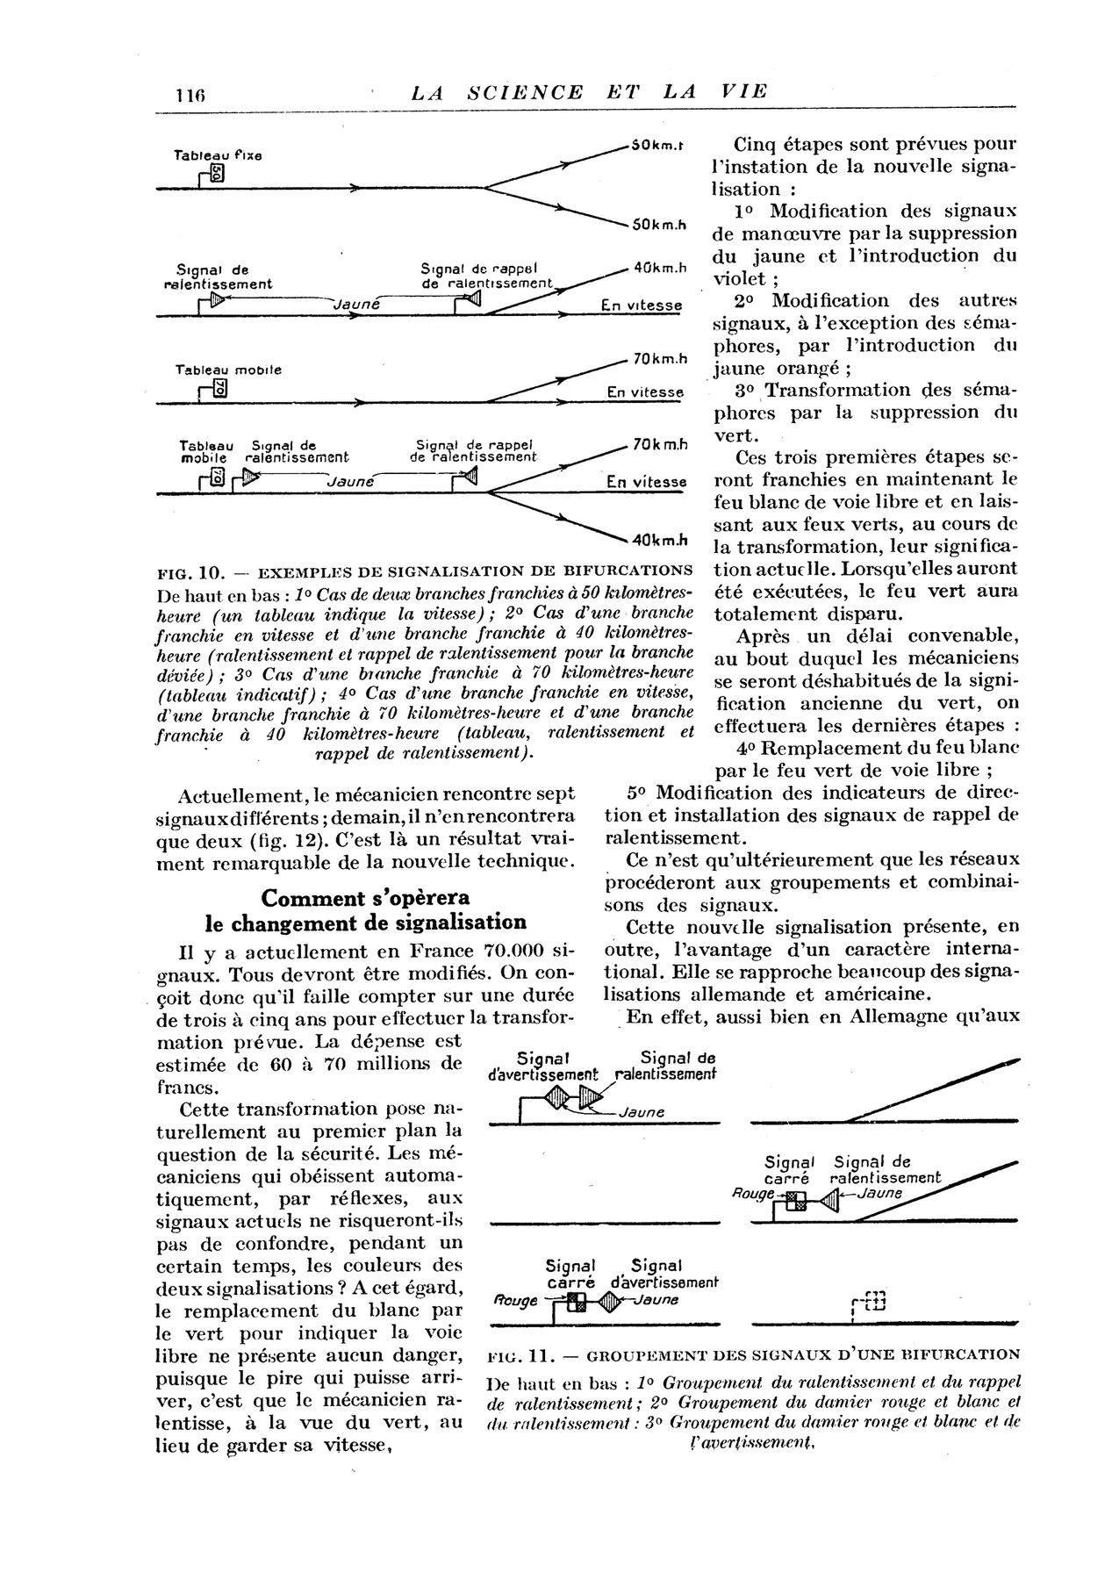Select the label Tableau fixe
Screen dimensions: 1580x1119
218,155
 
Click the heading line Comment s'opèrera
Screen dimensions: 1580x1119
366,898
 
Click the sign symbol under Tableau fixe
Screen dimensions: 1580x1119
216,176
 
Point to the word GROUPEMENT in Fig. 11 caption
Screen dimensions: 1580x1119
648,1354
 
